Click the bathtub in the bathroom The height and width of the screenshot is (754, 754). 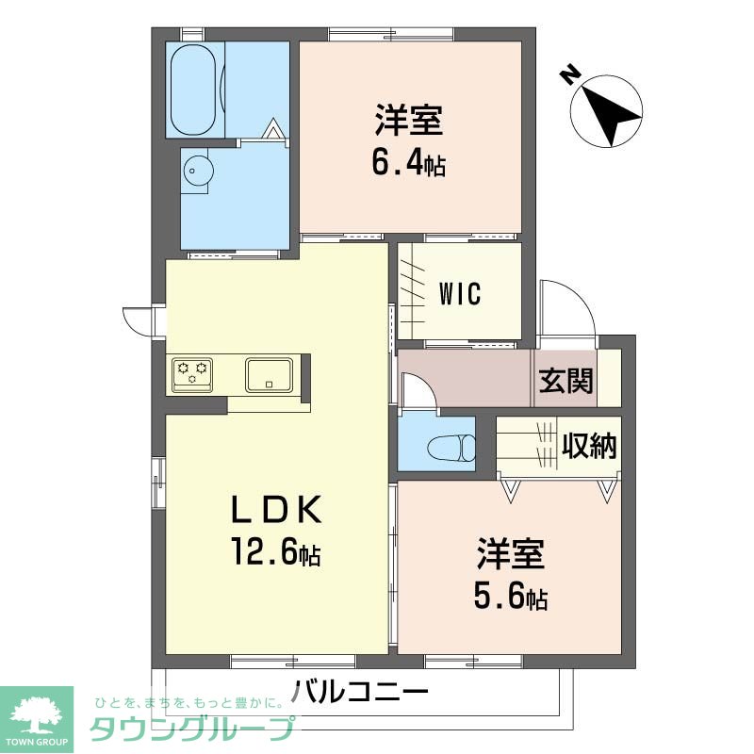coord(196,89)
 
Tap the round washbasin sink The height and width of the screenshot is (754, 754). coord(197,172)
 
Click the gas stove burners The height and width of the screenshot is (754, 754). coord(192,372)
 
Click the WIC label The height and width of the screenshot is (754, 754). coord(460,293)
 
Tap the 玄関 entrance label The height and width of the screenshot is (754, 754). coord(565,381)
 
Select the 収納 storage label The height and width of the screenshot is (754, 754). coord(589,445)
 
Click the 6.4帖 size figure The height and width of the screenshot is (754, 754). coord(408,165)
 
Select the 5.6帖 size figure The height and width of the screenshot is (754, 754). coord(510,597)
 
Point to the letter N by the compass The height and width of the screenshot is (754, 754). coord(567,74)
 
